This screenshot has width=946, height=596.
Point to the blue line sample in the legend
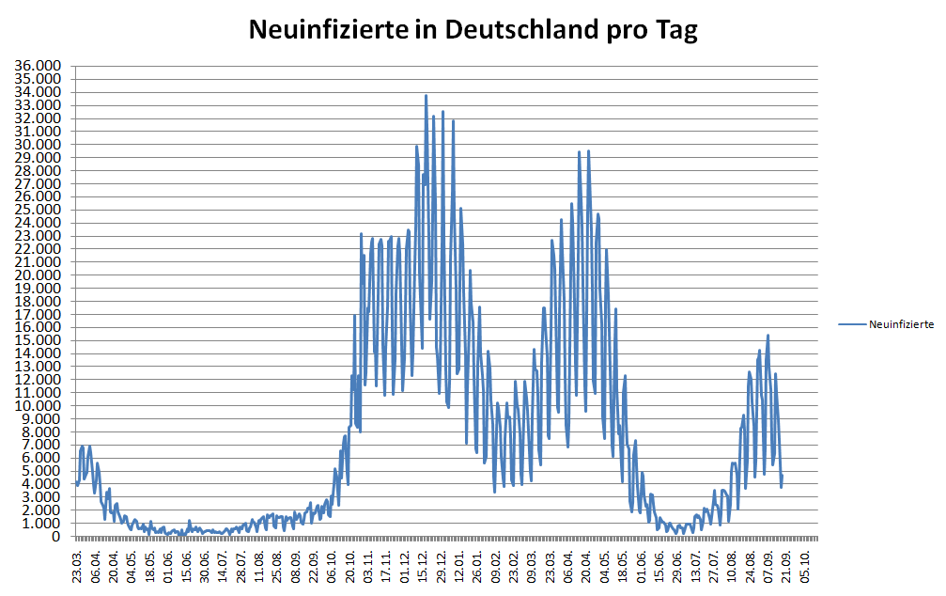pyautogui.click(x=852, y=323)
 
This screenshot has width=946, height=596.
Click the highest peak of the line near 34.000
pyautogui.click(x=426, y=95)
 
